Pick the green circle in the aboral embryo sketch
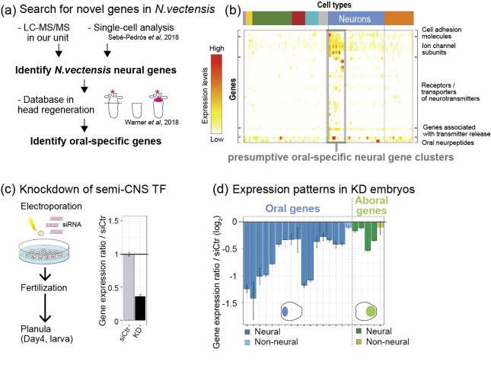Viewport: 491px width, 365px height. (x=371, y=311)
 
